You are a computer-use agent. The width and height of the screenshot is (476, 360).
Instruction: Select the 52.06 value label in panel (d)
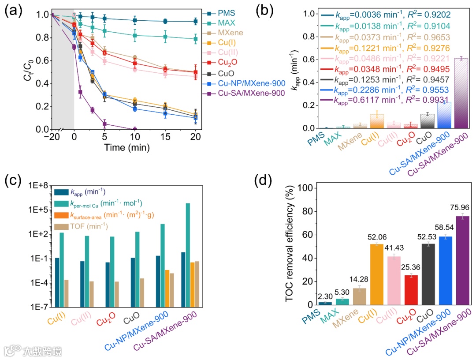point(376,239)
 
